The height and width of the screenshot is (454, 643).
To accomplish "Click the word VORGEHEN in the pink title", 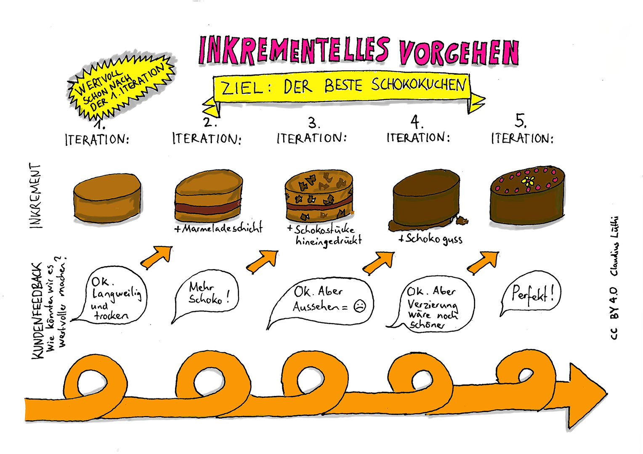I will pyautogui.click(x=459, y=53).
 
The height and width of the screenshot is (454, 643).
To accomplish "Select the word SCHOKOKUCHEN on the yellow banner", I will pyautogui.click(x=418, y=85).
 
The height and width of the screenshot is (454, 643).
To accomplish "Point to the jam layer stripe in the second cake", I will pyautogui.click(x=208, y=208).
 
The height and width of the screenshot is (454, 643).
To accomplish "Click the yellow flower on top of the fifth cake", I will pyautogui.click(x=528, y=181).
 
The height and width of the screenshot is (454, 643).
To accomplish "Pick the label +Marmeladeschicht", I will pyautogui.click(x=218, y=228).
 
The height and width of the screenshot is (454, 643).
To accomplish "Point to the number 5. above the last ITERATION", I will pyautogui.click(x=521, y=121).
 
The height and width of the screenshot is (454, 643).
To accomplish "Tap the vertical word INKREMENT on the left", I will pyautogui.click(x=36, y=196).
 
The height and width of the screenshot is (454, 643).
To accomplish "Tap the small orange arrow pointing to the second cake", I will pyautogui.click(x=157, y=257).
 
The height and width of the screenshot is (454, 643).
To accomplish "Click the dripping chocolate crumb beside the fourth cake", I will pyautogui.click(x=462, y=220).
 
